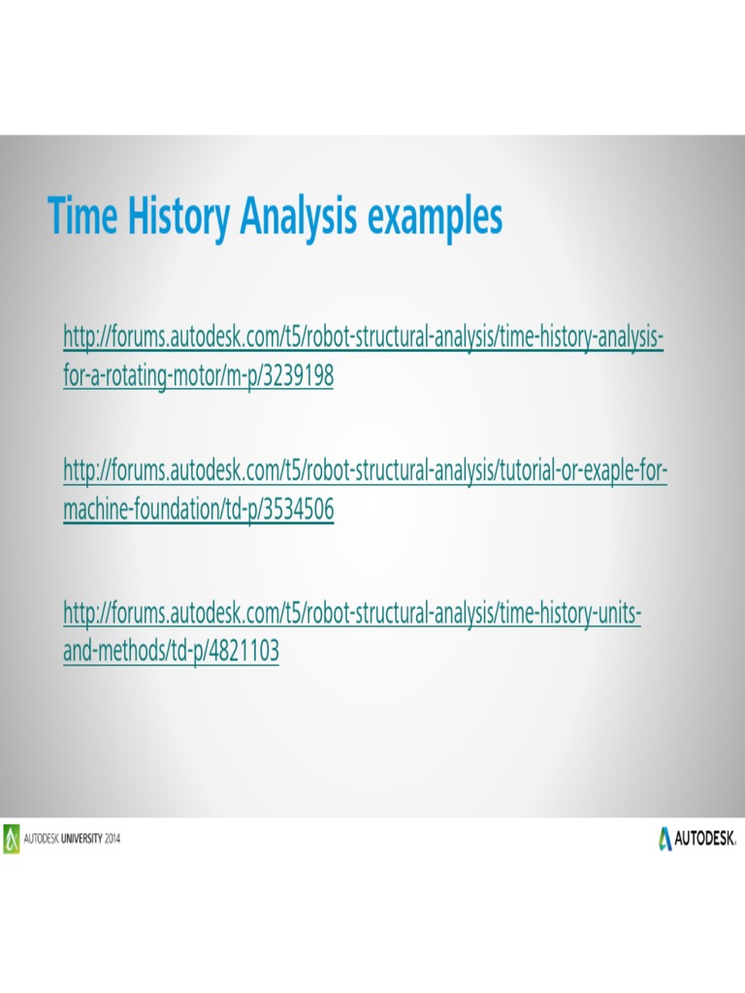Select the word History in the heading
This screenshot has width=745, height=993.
(x=167, y=216)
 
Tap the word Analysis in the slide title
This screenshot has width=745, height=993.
(x=296, y=216)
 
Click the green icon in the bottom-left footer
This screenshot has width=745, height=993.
(x=11, y=838)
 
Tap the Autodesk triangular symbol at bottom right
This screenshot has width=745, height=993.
(x=665, y=838)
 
